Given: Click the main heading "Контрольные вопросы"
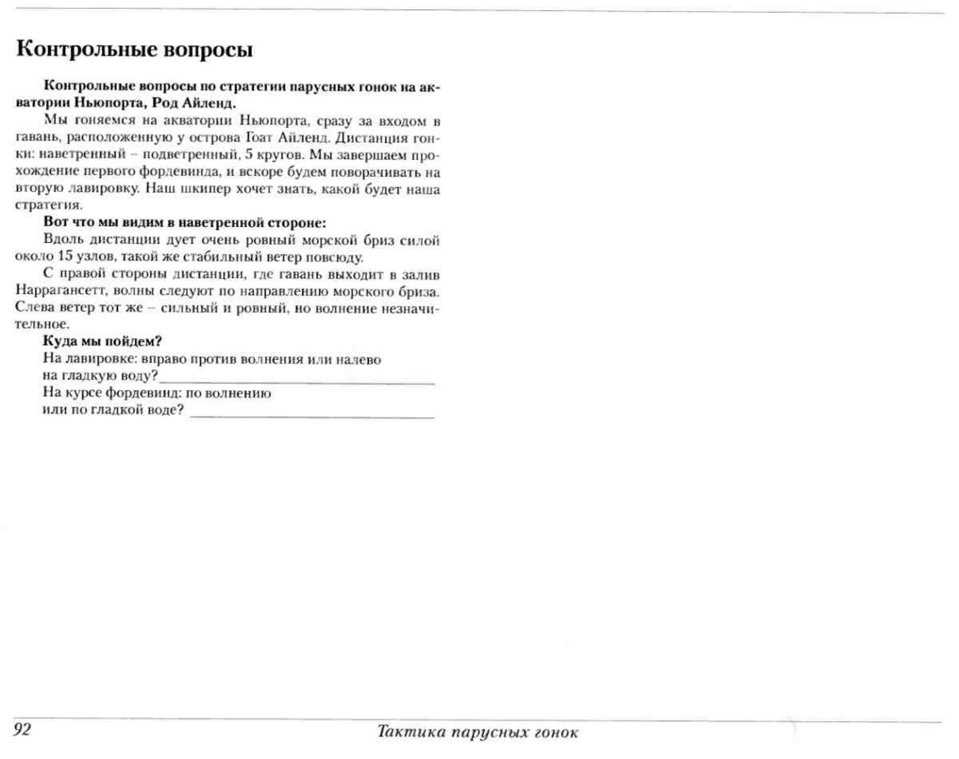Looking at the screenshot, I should (x=134, y=50).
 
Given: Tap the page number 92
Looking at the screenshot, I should (x=23, y=729).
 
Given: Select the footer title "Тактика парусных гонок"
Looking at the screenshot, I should (x=478, y=732).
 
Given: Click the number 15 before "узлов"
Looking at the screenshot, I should (x=65, y=257).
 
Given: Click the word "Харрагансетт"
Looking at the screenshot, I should (x=61, y=291).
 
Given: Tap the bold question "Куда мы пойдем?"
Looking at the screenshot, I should (x=103, y=341).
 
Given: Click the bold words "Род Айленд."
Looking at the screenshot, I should (x=194, y=104).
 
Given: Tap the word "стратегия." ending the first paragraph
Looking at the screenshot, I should (x=48, y=205).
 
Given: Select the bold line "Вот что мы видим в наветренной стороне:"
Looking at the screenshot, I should (x=184, y=223).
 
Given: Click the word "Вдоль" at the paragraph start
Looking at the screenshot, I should (x=63, y=240).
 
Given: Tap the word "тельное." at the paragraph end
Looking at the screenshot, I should (x=42, y=324).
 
